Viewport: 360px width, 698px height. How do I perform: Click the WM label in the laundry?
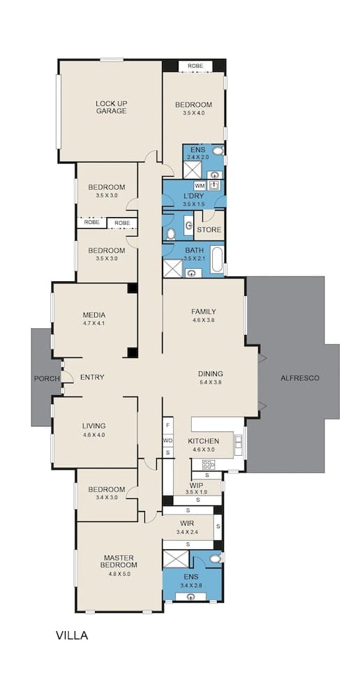(200, 186)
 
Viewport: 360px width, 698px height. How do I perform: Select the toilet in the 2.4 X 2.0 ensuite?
(217, 151)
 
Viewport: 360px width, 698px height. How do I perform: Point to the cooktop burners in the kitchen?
(208, 464)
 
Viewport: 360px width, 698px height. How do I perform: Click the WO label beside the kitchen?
(167, 440)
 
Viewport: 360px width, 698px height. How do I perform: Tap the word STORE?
(209, 230)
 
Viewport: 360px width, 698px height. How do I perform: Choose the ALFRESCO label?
(299, 378)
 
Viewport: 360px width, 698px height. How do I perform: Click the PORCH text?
(46, 378)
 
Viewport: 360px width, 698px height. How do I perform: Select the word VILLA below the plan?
(72, 636)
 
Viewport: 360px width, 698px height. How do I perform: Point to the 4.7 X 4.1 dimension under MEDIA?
(93, 323)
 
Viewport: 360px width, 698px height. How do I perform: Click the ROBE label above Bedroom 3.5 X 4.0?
(195, 66)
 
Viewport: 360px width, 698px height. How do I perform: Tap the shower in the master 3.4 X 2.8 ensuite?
(176, 559)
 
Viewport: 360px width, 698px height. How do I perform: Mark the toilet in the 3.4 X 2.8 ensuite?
(216, 558)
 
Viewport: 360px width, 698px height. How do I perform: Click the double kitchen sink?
(239, 441)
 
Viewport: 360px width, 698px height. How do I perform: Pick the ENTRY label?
(92, 378)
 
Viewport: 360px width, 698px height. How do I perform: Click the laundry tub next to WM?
(213, 186)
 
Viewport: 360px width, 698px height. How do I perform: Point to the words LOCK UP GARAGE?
(111, 107)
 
